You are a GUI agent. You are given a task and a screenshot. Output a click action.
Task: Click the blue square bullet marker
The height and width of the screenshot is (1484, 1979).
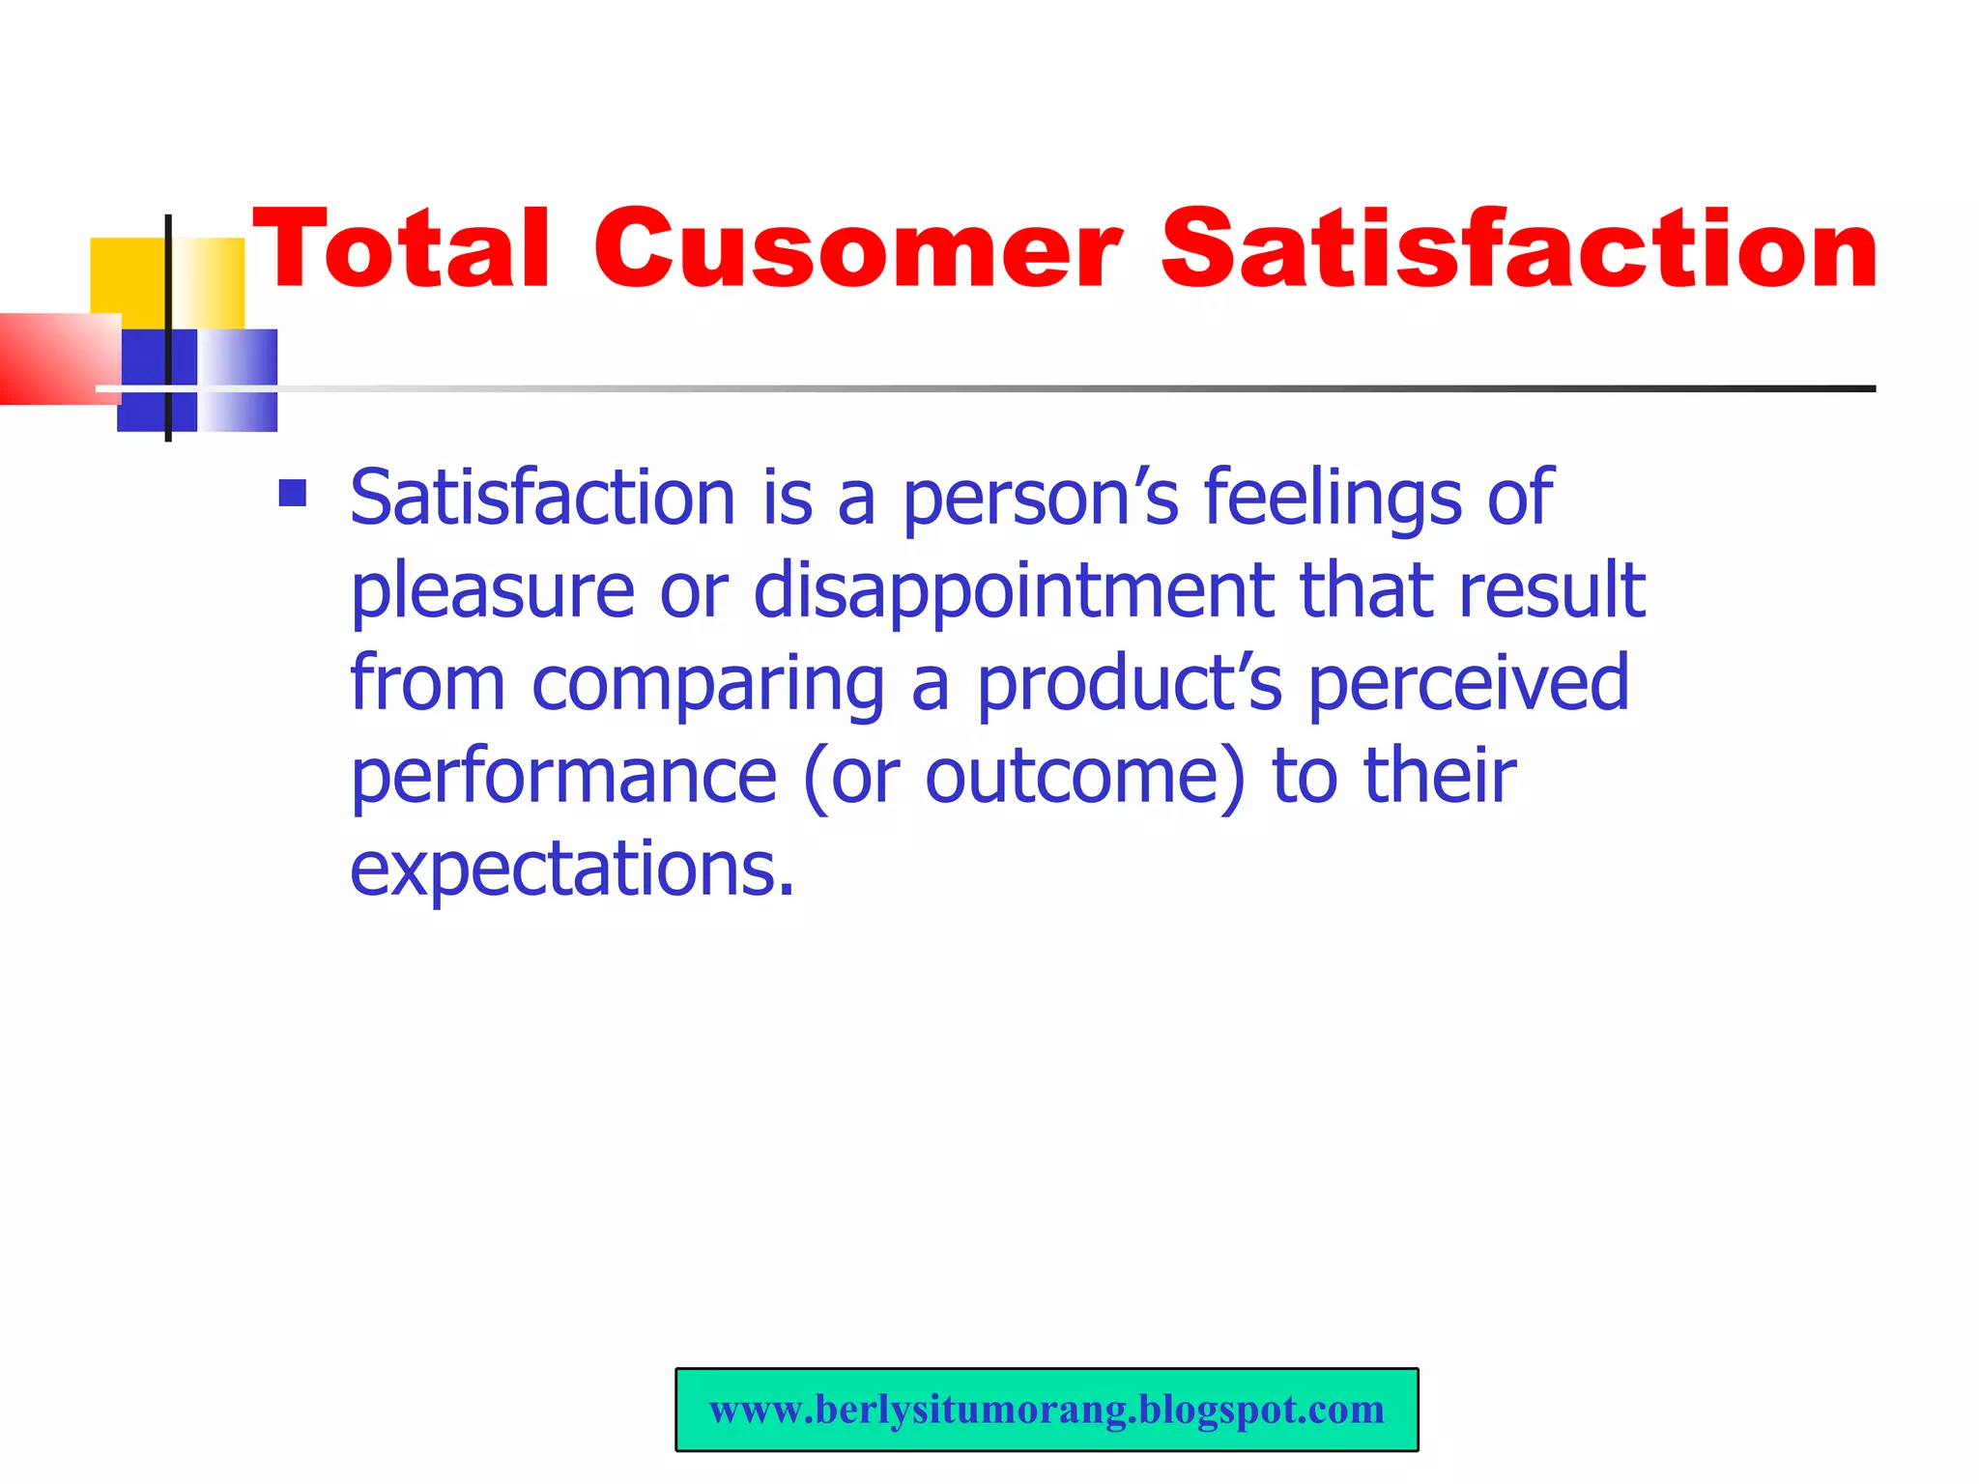tap(292, 494)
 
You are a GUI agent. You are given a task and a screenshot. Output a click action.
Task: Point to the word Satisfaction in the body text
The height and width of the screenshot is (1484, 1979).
tap(542, 498)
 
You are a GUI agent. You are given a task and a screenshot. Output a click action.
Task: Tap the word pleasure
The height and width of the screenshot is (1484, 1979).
tap(492, 591)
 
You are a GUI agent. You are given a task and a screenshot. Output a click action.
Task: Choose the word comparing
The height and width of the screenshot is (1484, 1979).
tap(708, 684)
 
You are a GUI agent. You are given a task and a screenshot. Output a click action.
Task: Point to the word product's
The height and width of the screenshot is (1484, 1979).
tap(1130, 684)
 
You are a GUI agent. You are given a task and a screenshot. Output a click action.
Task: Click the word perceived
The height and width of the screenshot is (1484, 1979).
tap(1469, 684)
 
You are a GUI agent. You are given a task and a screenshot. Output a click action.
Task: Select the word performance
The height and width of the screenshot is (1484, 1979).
tap(563, 777)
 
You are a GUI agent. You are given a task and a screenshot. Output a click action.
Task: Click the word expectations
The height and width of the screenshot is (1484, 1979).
tap(571, 870)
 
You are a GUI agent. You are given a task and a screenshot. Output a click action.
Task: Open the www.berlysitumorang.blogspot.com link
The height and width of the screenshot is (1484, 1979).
tap(1047, 1410)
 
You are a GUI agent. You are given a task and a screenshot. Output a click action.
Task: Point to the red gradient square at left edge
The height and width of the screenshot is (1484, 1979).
tap(53, 358)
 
